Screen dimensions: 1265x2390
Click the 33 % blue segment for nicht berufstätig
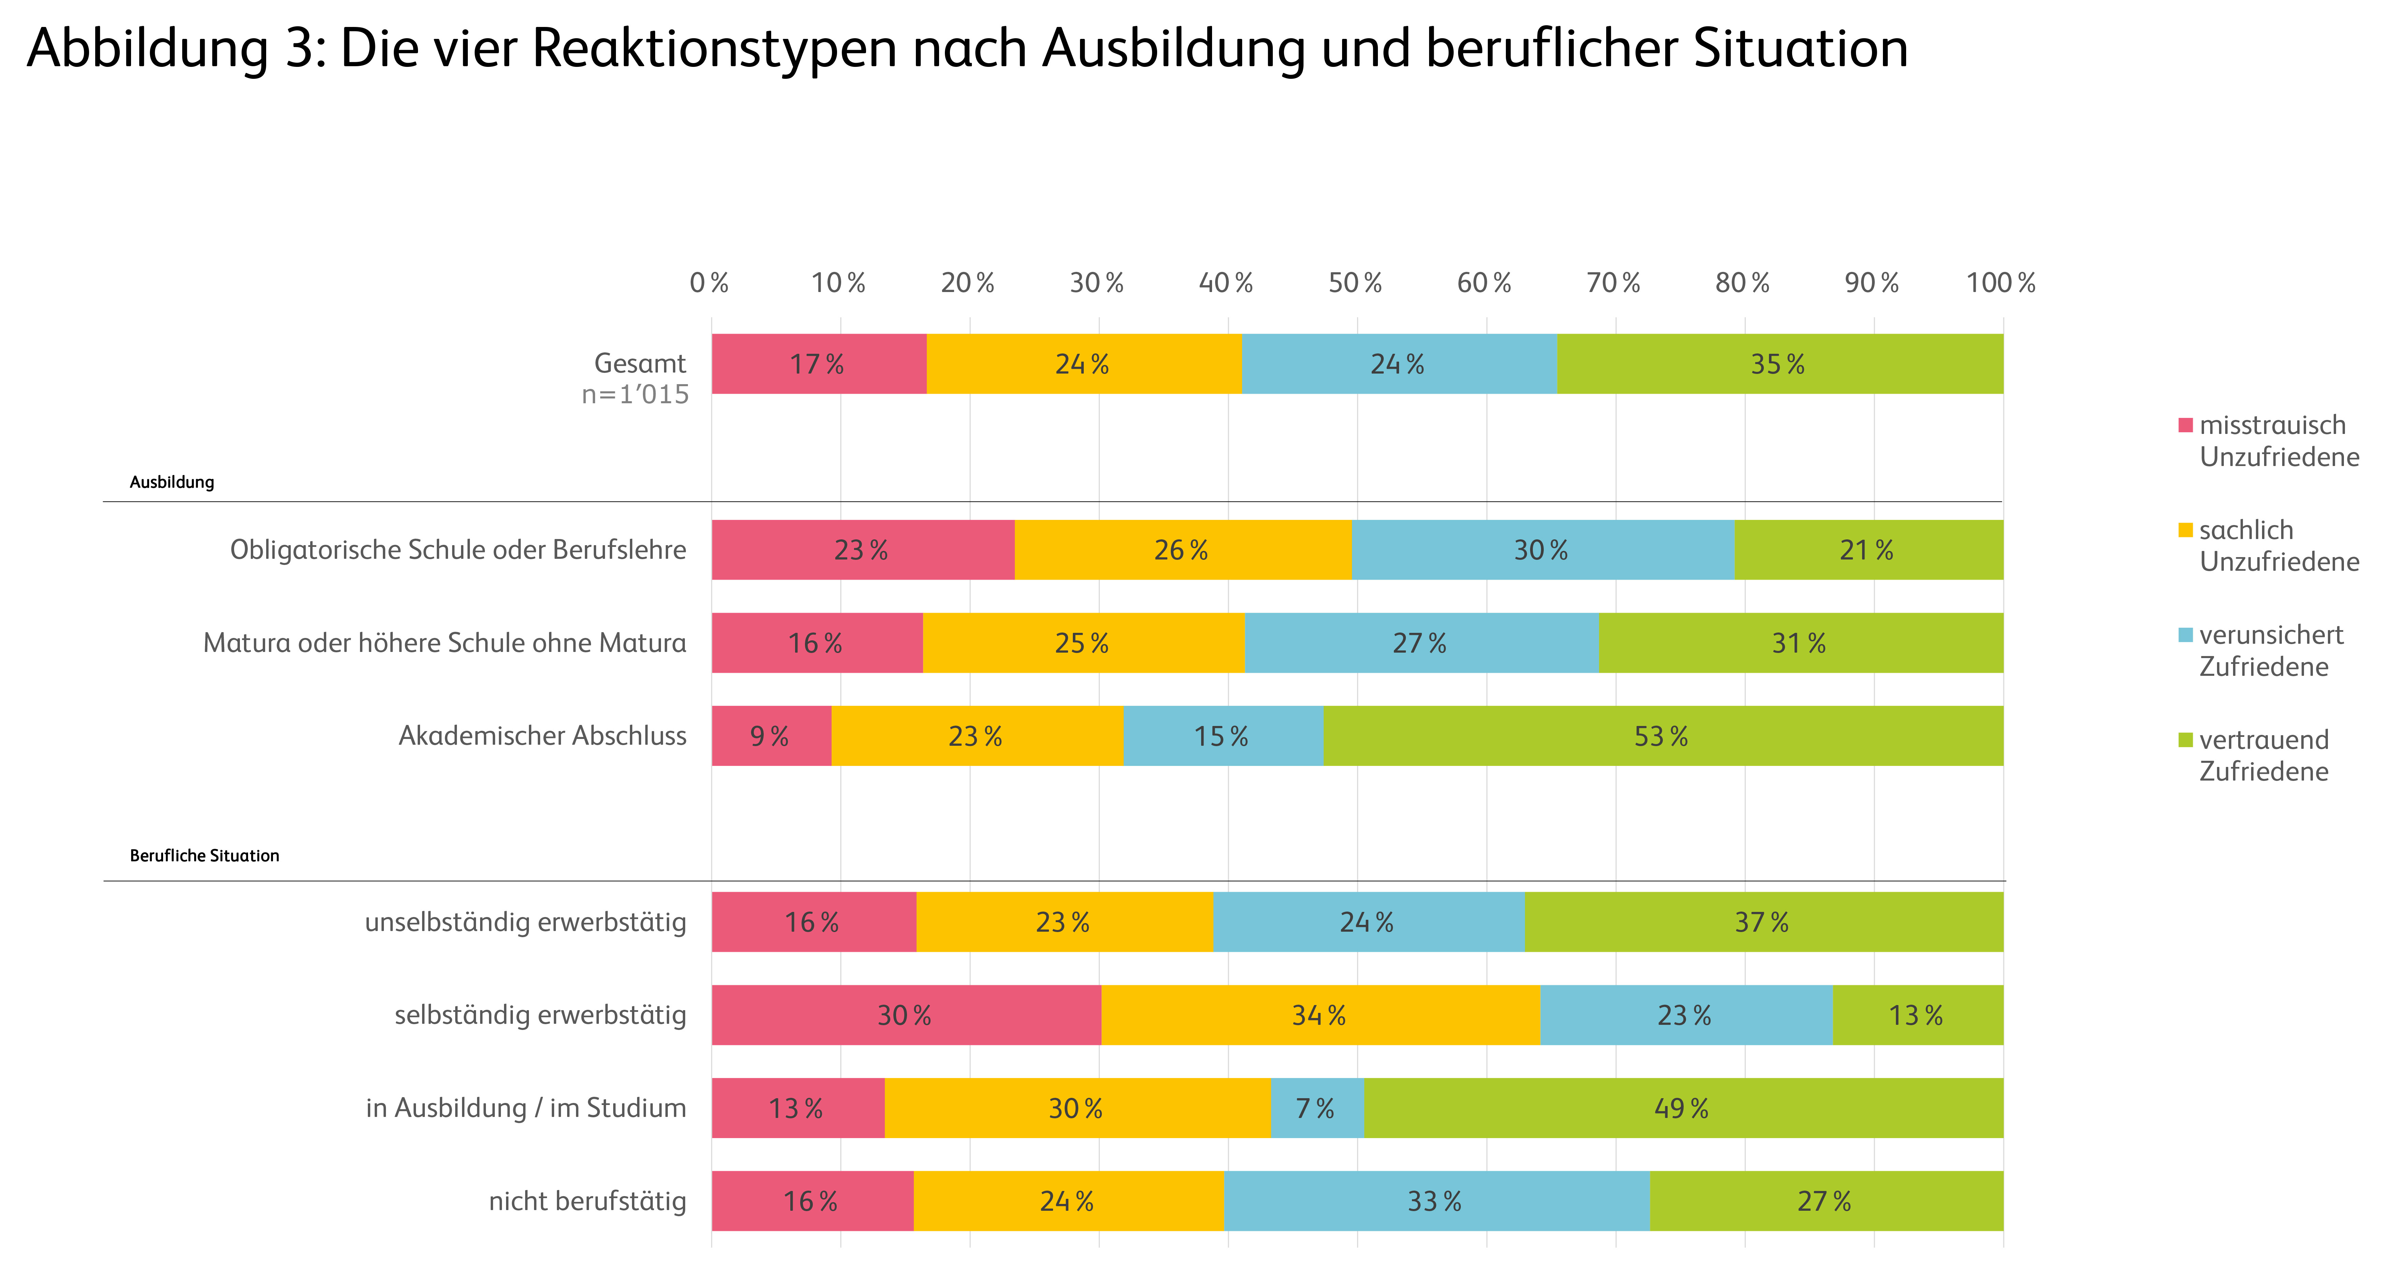(1435, 1201)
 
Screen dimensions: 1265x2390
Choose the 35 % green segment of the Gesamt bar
(1779, 364)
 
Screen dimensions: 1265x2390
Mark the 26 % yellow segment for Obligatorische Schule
(1182, 550)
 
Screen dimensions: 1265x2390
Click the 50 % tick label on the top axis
(1355, 283)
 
